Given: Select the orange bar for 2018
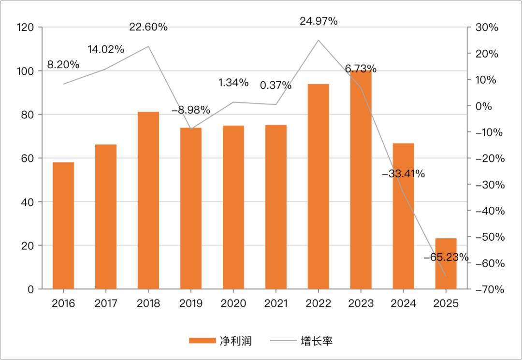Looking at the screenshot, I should (x=148, y=201).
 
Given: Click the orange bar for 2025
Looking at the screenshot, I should (x=446, y=263).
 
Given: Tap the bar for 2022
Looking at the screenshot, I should (x=319, y=187).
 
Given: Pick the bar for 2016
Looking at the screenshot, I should (x=63, y=226).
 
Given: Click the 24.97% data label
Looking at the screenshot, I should (x=318, y=21).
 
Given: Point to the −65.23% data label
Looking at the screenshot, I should (x=446, y=257).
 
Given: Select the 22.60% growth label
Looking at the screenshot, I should (x=148, y=27).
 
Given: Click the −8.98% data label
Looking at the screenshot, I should (x=191, y=110).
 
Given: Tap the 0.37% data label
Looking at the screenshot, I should (x=276, y=86).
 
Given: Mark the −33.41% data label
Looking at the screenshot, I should (x=404, y=174).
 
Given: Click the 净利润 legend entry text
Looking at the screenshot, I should (x=236, y=341).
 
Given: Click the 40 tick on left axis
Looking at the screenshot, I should (x=29, y=202).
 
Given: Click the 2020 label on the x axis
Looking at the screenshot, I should (x=233, y=303).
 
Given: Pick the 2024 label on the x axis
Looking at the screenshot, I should (x=404, y=303).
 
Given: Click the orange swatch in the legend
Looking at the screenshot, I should (x=203, y=341).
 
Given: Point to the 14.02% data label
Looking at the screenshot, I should (x=106, y=49).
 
